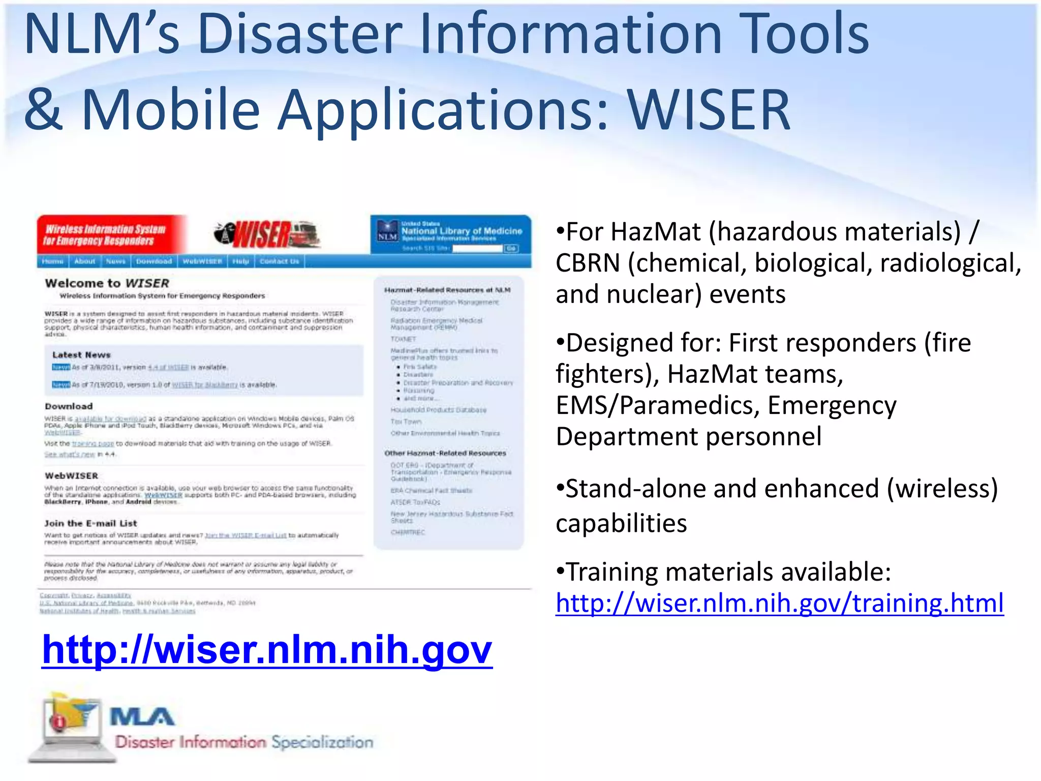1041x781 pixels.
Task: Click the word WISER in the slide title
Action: [709, 109]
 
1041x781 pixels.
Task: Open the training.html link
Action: [779, 604]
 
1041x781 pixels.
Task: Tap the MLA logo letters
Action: [142, 717]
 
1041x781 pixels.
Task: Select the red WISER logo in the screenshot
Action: [267, 235]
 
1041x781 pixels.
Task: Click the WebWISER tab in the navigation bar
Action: [202, 261]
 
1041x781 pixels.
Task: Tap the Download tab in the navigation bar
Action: [154, 261]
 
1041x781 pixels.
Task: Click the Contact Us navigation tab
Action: [279, 261]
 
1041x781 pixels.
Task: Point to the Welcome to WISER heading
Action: [107, 283]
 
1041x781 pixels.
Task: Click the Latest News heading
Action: [81, 355]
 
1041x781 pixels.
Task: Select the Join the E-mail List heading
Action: [90, 523]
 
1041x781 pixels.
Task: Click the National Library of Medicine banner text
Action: [462, 231]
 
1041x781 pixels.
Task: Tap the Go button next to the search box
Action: [511, 248]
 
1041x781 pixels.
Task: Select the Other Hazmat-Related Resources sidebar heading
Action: [445, 453]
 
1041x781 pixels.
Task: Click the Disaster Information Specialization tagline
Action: [244, 742]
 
